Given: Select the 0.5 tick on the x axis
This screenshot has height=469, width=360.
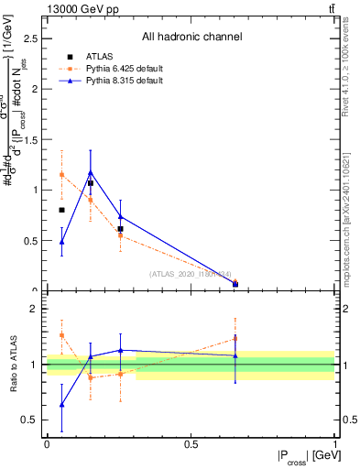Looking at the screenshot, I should [x=191, y=444].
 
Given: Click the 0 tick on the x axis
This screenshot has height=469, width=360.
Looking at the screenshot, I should [x=47, y=444].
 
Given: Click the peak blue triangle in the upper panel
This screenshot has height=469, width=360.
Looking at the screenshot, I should [x=90, y=171].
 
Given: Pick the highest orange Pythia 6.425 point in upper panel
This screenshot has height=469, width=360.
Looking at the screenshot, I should [x=61, y=174].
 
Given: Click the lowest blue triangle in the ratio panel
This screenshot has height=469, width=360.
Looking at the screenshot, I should [x=61, y=404].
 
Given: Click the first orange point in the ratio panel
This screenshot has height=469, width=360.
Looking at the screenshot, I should [x=61, y=335].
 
